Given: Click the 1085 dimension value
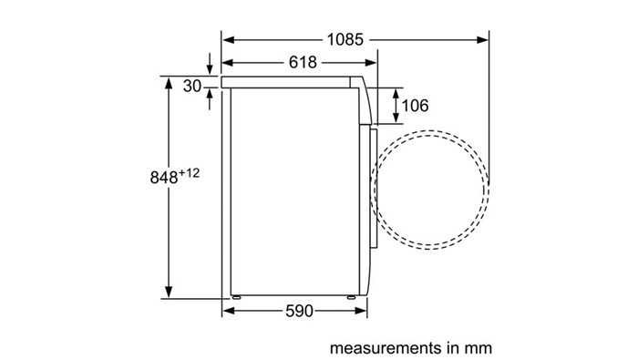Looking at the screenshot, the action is tap(345, 40).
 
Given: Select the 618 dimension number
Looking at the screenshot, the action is tap(303, 63).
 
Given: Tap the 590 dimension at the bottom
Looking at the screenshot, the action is tap(299, 311).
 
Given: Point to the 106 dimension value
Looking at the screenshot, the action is tap(415, 106).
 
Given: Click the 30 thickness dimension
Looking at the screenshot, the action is tap(192, 87).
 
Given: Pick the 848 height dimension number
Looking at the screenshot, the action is tap(164, 178).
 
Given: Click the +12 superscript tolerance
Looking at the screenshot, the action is tap(190, 173).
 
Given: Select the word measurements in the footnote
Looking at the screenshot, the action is tap(385, 348).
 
